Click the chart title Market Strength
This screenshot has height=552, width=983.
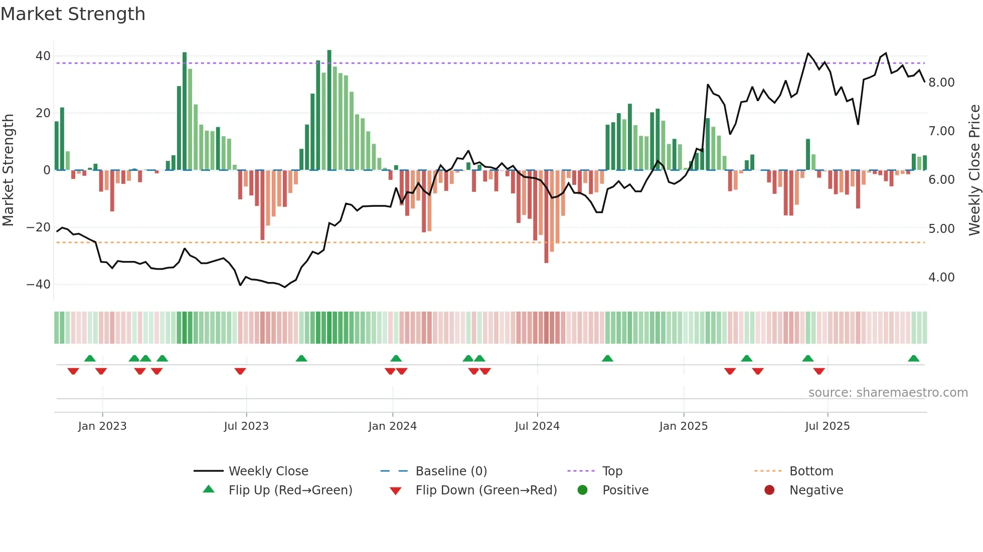pyautogui.click(x=73, y=14)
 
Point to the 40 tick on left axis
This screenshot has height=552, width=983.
pyautogui.click(x=43, y=56)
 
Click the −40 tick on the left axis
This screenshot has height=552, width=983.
pyautogui.click(x=39, y=285)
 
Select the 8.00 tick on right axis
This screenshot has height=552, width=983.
pyautogui.click(x=941, y=83)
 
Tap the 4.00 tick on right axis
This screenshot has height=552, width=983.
pyautogui.click(x=941, y=278)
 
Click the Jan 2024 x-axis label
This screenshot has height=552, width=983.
pyautogui.click(x=392, y=426)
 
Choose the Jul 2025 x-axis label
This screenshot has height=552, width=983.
pyautogui.click(x=827, y=426)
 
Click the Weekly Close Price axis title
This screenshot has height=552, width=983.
pyautogui.click(x=974, y=170)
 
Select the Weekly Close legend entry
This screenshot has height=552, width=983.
pyautogui.click(x=268, y=471)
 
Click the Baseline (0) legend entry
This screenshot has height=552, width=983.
pyautogui.click(x=451, y=471)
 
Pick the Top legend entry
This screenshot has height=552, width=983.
pyautogui.click(x=612, y=471)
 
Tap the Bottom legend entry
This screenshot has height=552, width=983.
pyautogui.click(x=811, y=471)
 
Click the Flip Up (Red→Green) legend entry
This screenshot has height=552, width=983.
pyautogui.click(x=290, y=490)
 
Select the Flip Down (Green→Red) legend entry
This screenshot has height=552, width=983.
pyautogui.click(x=486, y=490)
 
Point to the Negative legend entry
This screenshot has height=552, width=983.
pyautogui.click(x=816, y=490)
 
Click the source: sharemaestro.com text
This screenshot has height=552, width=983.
pyautogui.click(x=888, y=393)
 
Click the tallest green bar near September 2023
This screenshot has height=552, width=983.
pyautogui.click(x=329, y=110)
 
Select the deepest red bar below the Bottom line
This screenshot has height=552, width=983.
pyautogui.click(x=546, y=216)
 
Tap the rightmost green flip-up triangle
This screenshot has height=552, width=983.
pyautogui.click(x=913, y=359)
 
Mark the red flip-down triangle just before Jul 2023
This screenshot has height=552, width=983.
pyautogui.click(x=240, y=371)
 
